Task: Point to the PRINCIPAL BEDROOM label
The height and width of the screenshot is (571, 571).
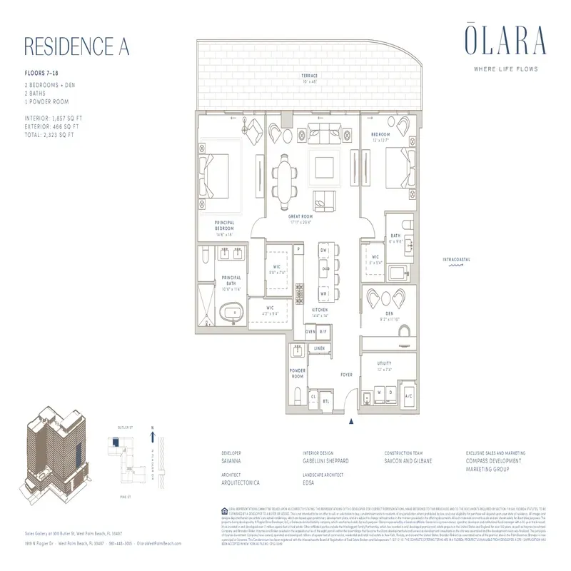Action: pos(225,227)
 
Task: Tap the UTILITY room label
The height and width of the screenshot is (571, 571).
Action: pos(384,366)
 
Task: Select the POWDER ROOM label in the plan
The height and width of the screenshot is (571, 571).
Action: pos(298,373)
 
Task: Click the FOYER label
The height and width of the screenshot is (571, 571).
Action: pos(346,374)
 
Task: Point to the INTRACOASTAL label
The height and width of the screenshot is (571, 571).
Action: pos(454,258)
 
